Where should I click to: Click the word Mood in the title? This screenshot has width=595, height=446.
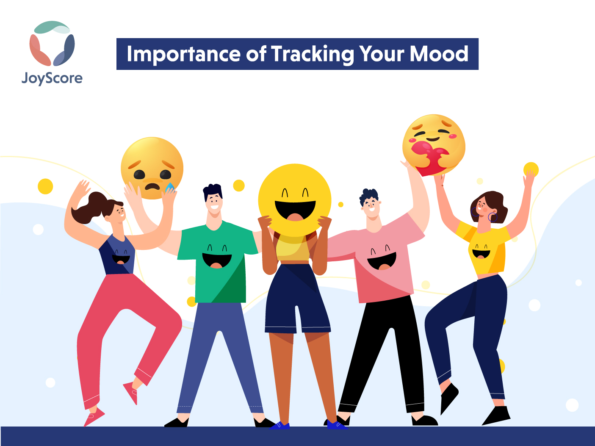pos(439,54)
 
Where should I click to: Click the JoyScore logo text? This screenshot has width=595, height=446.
pos(52,78)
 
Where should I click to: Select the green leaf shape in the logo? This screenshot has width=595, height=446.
pos(52,27)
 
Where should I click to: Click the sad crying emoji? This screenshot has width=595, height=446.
pos(152,168)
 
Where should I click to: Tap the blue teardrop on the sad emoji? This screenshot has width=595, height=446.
pos(170,187)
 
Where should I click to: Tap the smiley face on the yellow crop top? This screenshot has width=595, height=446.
pos(481,252)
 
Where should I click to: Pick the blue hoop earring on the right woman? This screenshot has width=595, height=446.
pos(493,217)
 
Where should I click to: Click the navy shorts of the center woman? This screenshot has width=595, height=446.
pos(297,298)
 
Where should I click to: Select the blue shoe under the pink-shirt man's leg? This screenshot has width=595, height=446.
pos(336,425)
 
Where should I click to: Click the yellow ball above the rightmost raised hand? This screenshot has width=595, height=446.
pos(531,169)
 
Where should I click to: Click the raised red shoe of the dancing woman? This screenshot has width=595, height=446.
pos(131,393)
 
